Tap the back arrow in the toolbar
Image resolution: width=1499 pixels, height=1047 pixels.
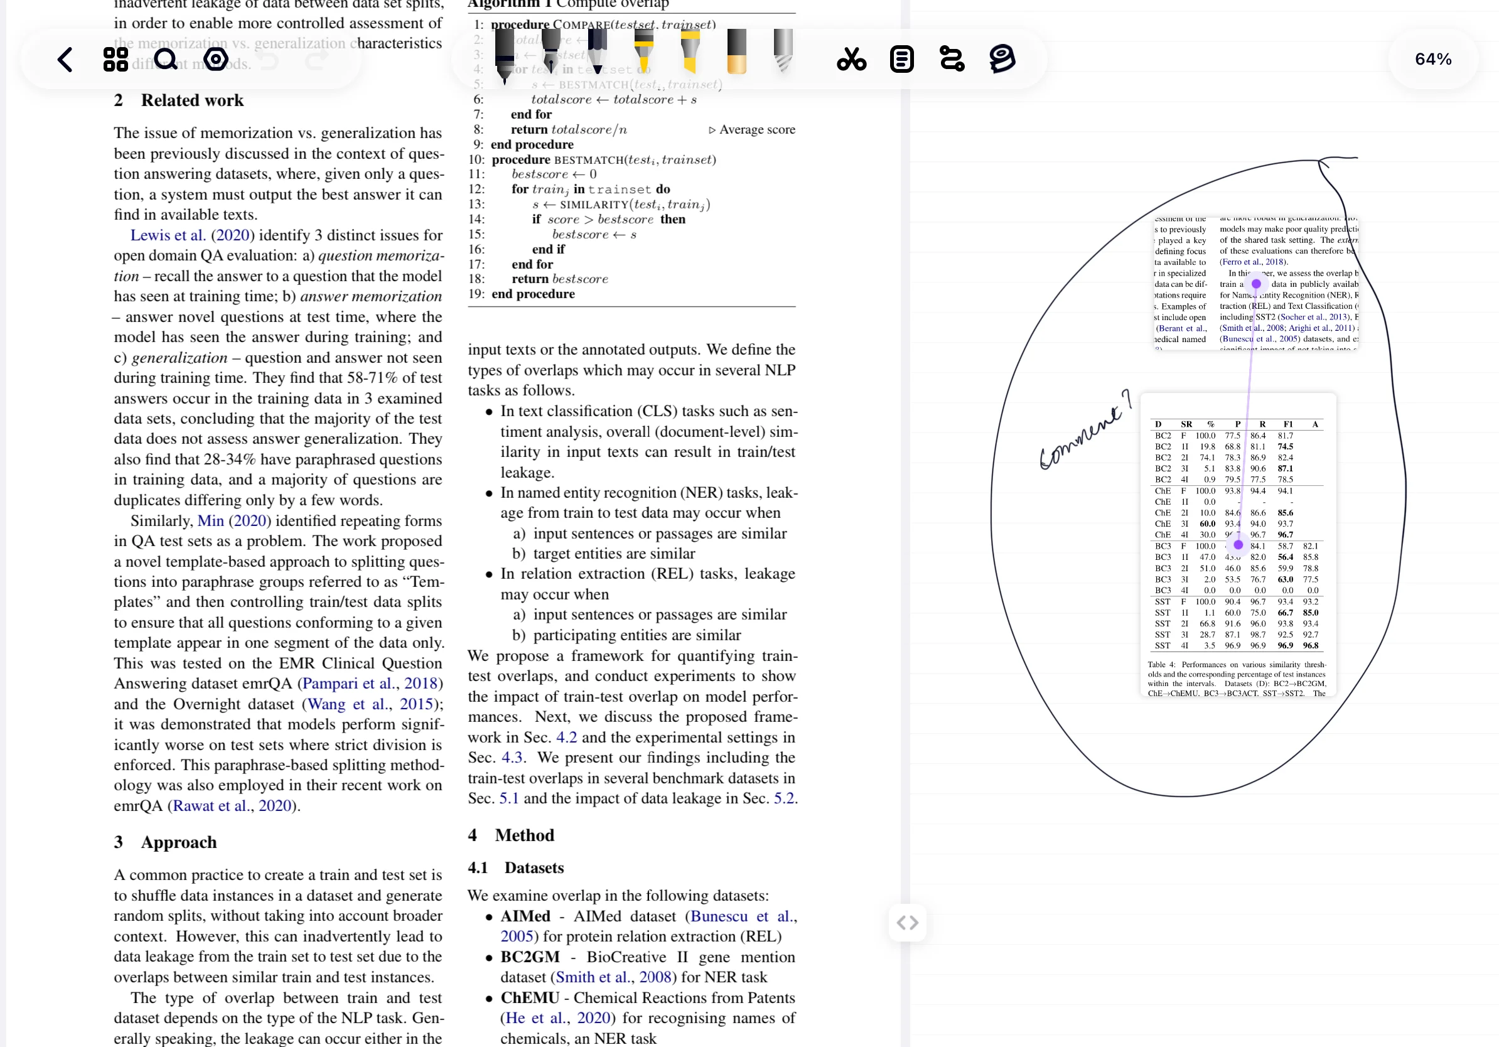coord(65,60)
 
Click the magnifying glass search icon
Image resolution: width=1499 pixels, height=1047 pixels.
coord(166,60)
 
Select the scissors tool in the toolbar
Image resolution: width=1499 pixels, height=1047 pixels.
coord(851,60)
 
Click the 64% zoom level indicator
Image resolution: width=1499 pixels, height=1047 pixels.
coord(1433,60)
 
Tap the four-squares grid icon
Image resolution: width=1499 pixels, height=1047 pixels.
coord(116,60)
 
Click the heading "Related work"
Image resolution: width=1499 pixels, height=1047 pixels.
coord(192,100)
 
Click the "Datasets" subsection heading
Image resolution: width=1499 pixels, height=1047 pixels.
coord(534,867)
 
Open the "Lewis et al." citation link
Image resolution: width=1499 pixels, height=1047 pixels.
coord(168,235)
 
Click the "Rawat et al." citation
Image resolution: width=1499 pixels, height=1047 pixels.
coord(203,805)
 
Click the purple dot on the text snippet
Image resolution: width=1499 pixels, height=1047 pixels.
coord(1256,284)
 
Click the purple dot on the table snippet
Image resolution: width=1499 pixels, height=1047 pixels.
coord(1238,545)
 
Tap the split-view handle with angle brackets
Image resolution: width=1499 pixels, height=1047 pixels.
coord(908,922)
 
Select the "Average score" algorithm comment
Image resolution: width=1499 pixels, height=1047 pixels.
coord(756,129)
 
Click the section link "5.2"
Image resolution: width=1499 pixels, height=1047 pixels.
coord(784,798)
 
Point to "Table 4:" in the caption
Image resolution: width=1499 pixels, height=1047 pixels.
coord(1161,665)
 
